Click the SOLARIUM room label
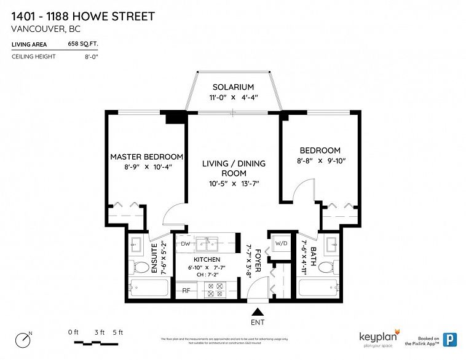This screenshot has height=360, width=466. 233,87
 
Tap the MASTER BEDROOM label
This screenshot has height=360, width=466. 146,157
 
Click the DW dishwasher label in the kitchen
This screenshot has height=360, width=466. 185,244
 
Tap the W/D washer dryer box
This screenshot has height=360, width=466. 282,244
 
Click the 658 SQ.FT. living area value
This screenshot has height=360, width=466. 83,44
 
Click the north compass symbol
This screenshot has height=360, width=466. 24,338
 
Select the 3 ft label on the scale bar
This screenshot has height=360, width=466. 98,332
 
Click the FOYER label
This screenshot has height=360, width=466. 259,261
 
